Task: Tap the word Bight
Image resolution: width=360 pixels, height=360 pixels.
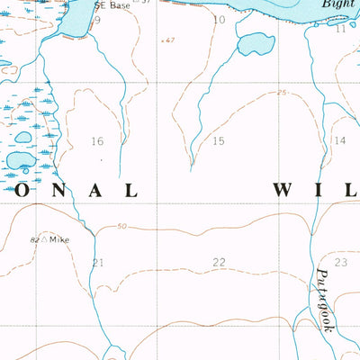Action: [339, 4]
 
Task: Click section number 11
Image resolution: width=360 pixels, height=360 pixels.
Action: [340, 29]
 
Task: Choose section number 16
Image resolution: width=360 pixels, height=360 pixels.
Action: [97, 141]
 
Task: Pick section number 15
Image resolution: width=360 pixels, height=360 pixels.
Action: [219, 141]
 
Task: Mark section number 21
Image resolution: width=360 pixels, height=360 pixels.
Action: [98, 262]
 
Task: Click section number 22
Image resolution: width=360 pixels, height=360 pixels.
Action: [219, 262]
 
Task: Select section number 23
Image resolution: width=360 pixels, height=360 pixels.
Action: [340, 262]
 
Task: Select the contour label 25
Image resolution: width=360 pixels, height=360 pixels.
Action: [282, 94]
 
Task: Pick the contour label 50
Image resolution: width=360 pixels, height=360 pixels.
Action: [121, 227]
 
